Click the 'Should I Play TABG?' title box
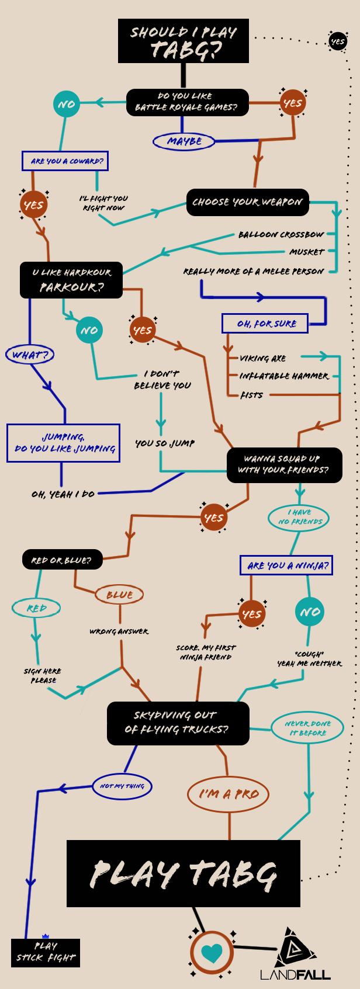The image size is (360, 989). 183,41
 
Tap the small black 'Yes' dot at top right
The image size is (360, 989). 338,41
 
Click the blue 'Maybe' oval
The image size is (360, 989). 184,141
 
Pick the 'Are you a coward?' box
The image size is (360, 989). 65,161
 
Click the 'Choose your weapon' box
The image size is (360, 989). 247,202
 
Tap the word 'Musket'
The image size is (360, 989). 306,252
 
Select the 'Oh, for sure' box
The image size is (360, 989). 265,323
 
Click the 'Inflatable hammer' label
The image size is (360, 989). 284,376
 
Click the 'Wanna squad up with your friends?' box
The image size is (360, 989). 285,464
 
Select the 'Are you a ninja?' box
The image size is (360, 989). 286,565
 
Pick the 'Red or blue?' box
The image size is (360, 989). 62,560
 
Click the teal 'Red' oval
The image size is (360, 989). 36,608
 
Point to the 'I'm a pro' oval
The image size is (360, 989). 229,794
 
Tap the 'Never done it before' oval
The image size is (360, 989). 307,728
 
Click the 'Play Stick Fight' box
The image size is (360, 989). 46,952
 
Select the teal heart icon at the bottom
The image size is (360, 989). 212,952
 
